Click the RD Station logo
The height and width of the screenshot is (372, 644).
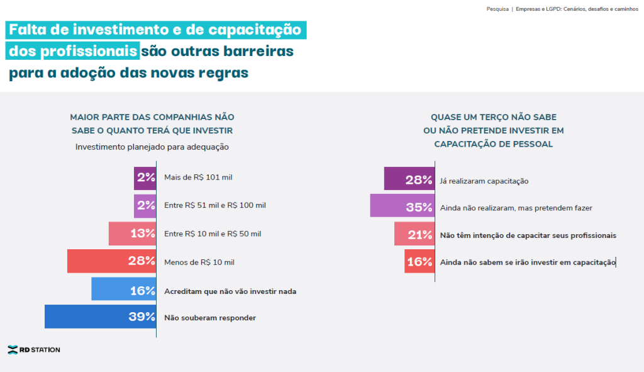coord(34,349)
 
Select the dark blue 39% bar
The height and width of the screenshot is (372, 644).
coord(101,317)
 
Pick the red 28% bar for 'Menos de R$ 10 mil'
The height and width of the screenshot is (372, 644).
coord(112,261)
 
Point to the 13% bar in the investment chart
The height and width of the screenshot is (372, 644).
coord(132,234)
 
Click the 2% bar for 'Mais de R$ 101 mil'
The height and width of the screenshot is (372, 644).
coord(145,178)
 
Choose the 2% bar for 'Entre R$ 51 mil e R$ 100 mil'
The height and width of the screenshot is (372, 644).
coord(145,206)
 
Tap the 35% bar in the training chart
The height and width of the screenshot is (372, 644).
coord(402,206)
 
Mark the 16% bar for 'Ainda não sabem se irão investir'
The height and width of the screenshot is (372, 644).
coord(419,261)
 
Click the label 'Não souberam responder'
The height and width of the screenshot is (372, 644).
coord(210,318)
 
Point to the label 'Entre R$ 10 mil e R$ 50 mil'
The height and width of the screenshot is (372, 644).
coord(213,234)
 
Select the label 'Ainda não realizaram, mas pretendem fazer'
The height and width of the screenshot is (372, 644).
coord(516,208)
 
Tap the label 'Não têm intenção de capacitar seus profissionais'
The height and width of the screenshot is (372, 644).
coord(528,235)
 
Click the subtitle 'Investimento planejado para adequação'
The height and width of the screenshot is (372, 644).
coord(152,147)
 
